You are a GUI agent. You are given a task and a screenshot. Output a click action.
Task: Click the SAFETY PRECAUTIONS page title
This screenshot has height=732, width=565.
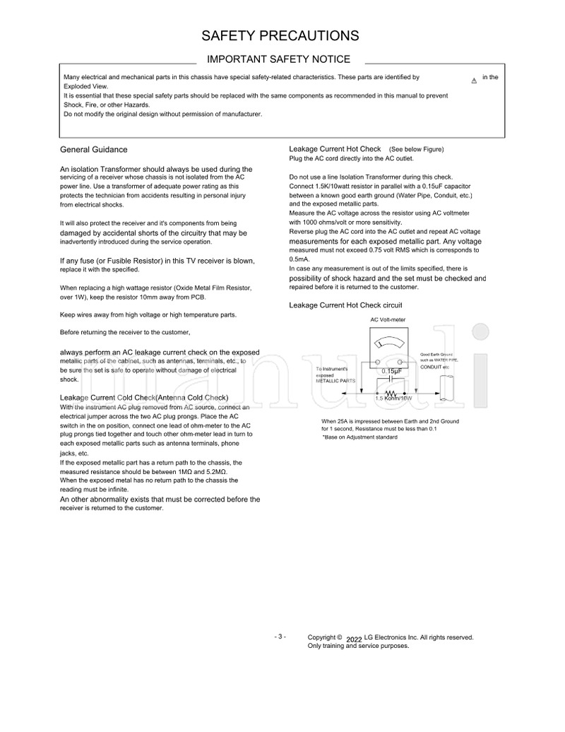[x=280, y=36]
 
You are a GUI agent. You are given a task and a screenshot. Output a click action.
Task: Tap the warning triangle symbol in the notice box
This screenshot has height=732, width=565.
[x=473, y=81]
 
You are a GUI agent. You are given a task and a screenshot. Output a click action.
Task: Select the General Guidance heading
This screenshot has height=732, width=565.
[x=94, y=150]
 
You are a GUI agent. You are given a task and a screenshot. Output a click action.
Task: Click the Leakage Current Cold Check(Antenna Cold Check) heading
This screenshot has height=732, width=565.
[x=144, y=398]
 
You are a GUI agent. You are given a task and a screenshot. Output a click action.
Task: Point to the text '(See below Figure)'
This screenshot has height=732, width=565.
[x=416, y=149]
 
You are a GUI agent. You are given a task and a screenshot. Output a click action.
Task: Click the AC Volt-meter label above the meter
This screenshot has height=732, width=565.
[x=388, y=319]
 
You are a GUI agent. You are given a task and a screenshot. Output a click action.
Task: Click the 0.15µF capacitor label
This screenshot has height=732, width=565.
[x=392, y=371]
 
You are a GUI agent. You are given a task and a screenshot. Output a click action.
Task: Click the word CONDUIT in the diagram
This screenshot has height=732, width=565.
[x=432, y=367]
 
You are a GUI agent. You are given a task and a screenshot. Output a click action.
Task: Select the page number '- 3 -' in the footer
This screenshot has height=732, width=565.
[x=280, y=637]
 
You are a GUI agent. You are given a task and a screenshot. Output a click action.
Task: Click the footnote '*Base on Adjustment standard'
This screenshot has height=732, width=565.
[x=360, y=437]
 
